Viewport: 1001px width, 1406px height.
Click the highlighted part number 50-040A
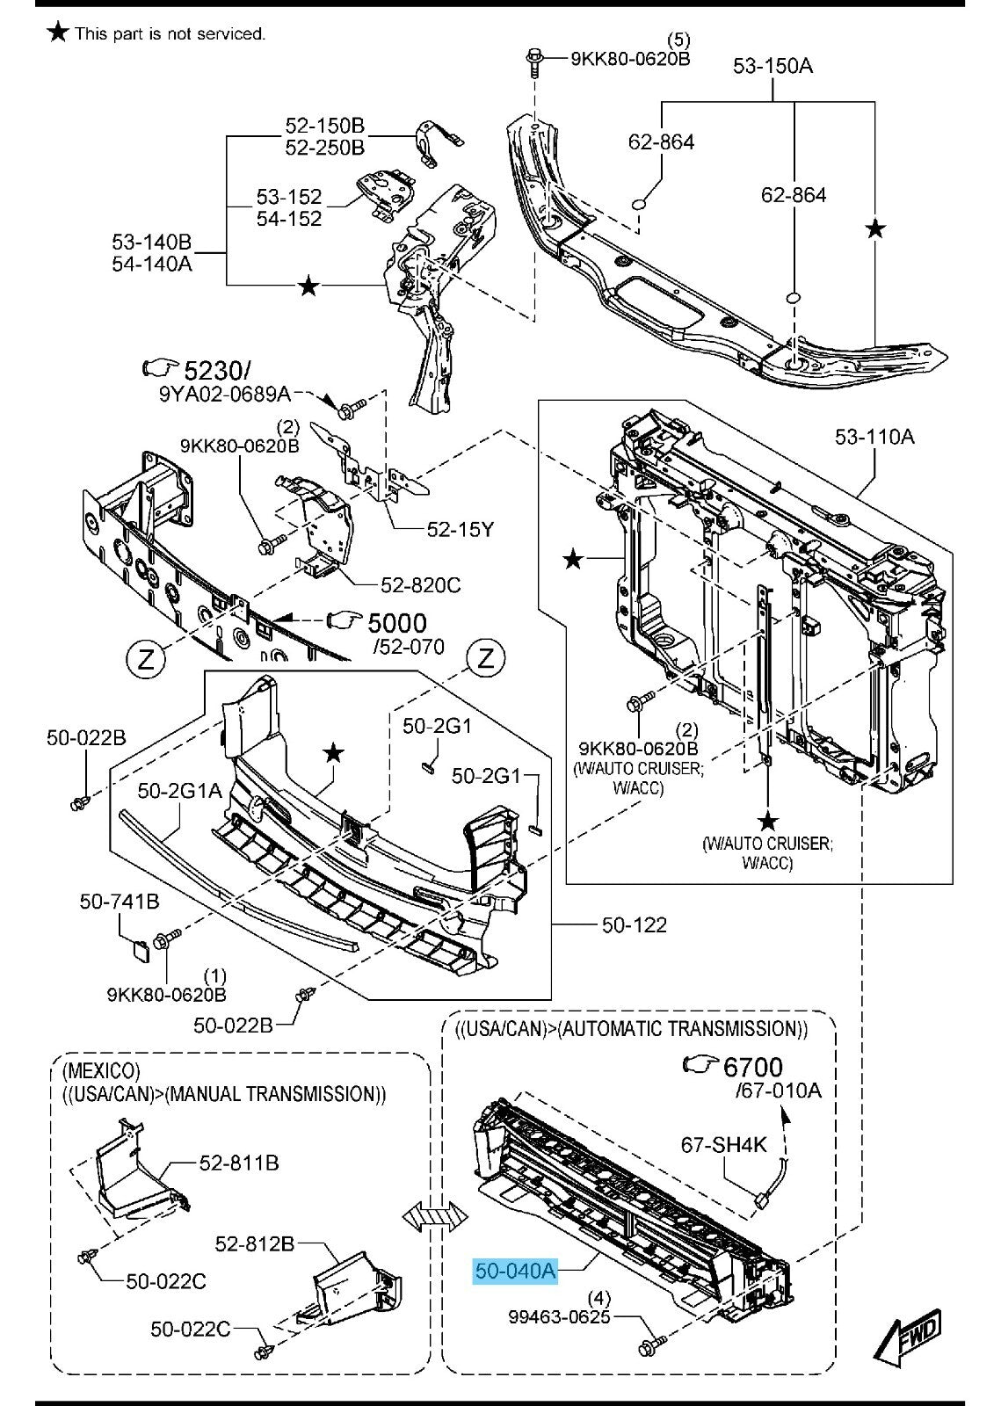tap(515, 1271)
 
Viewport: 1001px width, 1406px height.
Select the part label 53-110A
tap(874, 436)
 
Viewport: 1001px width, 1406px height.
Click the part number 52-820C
tap(420, 585)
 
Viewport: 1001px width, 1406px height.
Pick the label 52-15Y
tap(461, 529)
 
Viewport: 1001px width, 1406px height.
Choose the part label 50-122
tap(634, 924)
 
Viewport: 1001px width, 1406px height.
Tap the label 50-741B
tap(120, 901)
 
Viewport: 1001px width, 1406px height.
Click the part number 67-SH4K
tap(724, 1144)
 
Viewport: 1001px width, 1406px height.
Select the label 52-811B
tap(239, 1163)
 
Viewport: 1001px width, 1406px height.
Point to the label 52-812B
tap(255, 1243)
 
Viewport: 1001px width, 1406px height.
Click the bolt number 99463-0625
tap(559, 1317)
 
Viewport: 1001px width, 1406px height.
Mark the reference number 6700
tap(752, 1067)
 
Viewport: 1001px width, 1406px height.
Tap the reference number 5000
tap(396, 623)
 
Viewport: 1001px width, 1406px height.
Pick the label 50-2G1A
tap(179, 791)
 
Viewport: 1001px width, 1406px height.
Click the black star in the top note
tap(58, 33)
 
